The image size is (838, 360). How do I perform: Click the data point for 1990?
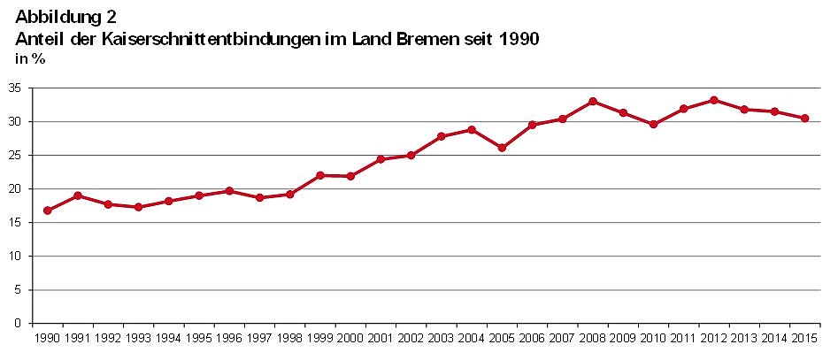[x=48, y=211]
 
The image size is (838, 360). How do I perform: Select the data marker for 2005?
[x=502, y=148]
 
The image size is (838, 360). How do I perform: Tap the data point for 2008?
[x=593, y=102]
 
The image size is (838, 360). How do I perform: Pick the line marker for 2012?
[x=714, y=100]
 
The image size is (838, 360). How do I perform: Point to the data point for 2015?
[x=804, y=119]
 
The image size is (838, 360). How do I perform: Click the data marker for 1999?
[x=320, y=175]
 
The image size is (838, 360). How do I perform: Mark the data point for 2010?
[x=653, y=125]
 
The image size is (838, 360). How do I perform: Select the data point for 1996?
[x=229, y=191]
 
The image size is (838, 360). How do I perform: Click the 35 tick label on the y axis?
[x=16, y=88]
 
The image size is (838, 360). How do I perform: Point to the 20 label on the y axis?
[x=16, y=189]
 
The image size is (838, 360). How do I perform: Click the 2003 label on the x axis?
[x=441, y=338]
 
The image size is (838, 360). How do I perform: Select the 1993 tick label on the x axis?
[x=139, y=338]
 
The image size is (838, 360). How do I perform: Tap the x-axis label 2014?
[x=773, y=338]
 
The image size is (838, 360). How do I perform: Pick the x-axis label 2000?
[x=350, y=338]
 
